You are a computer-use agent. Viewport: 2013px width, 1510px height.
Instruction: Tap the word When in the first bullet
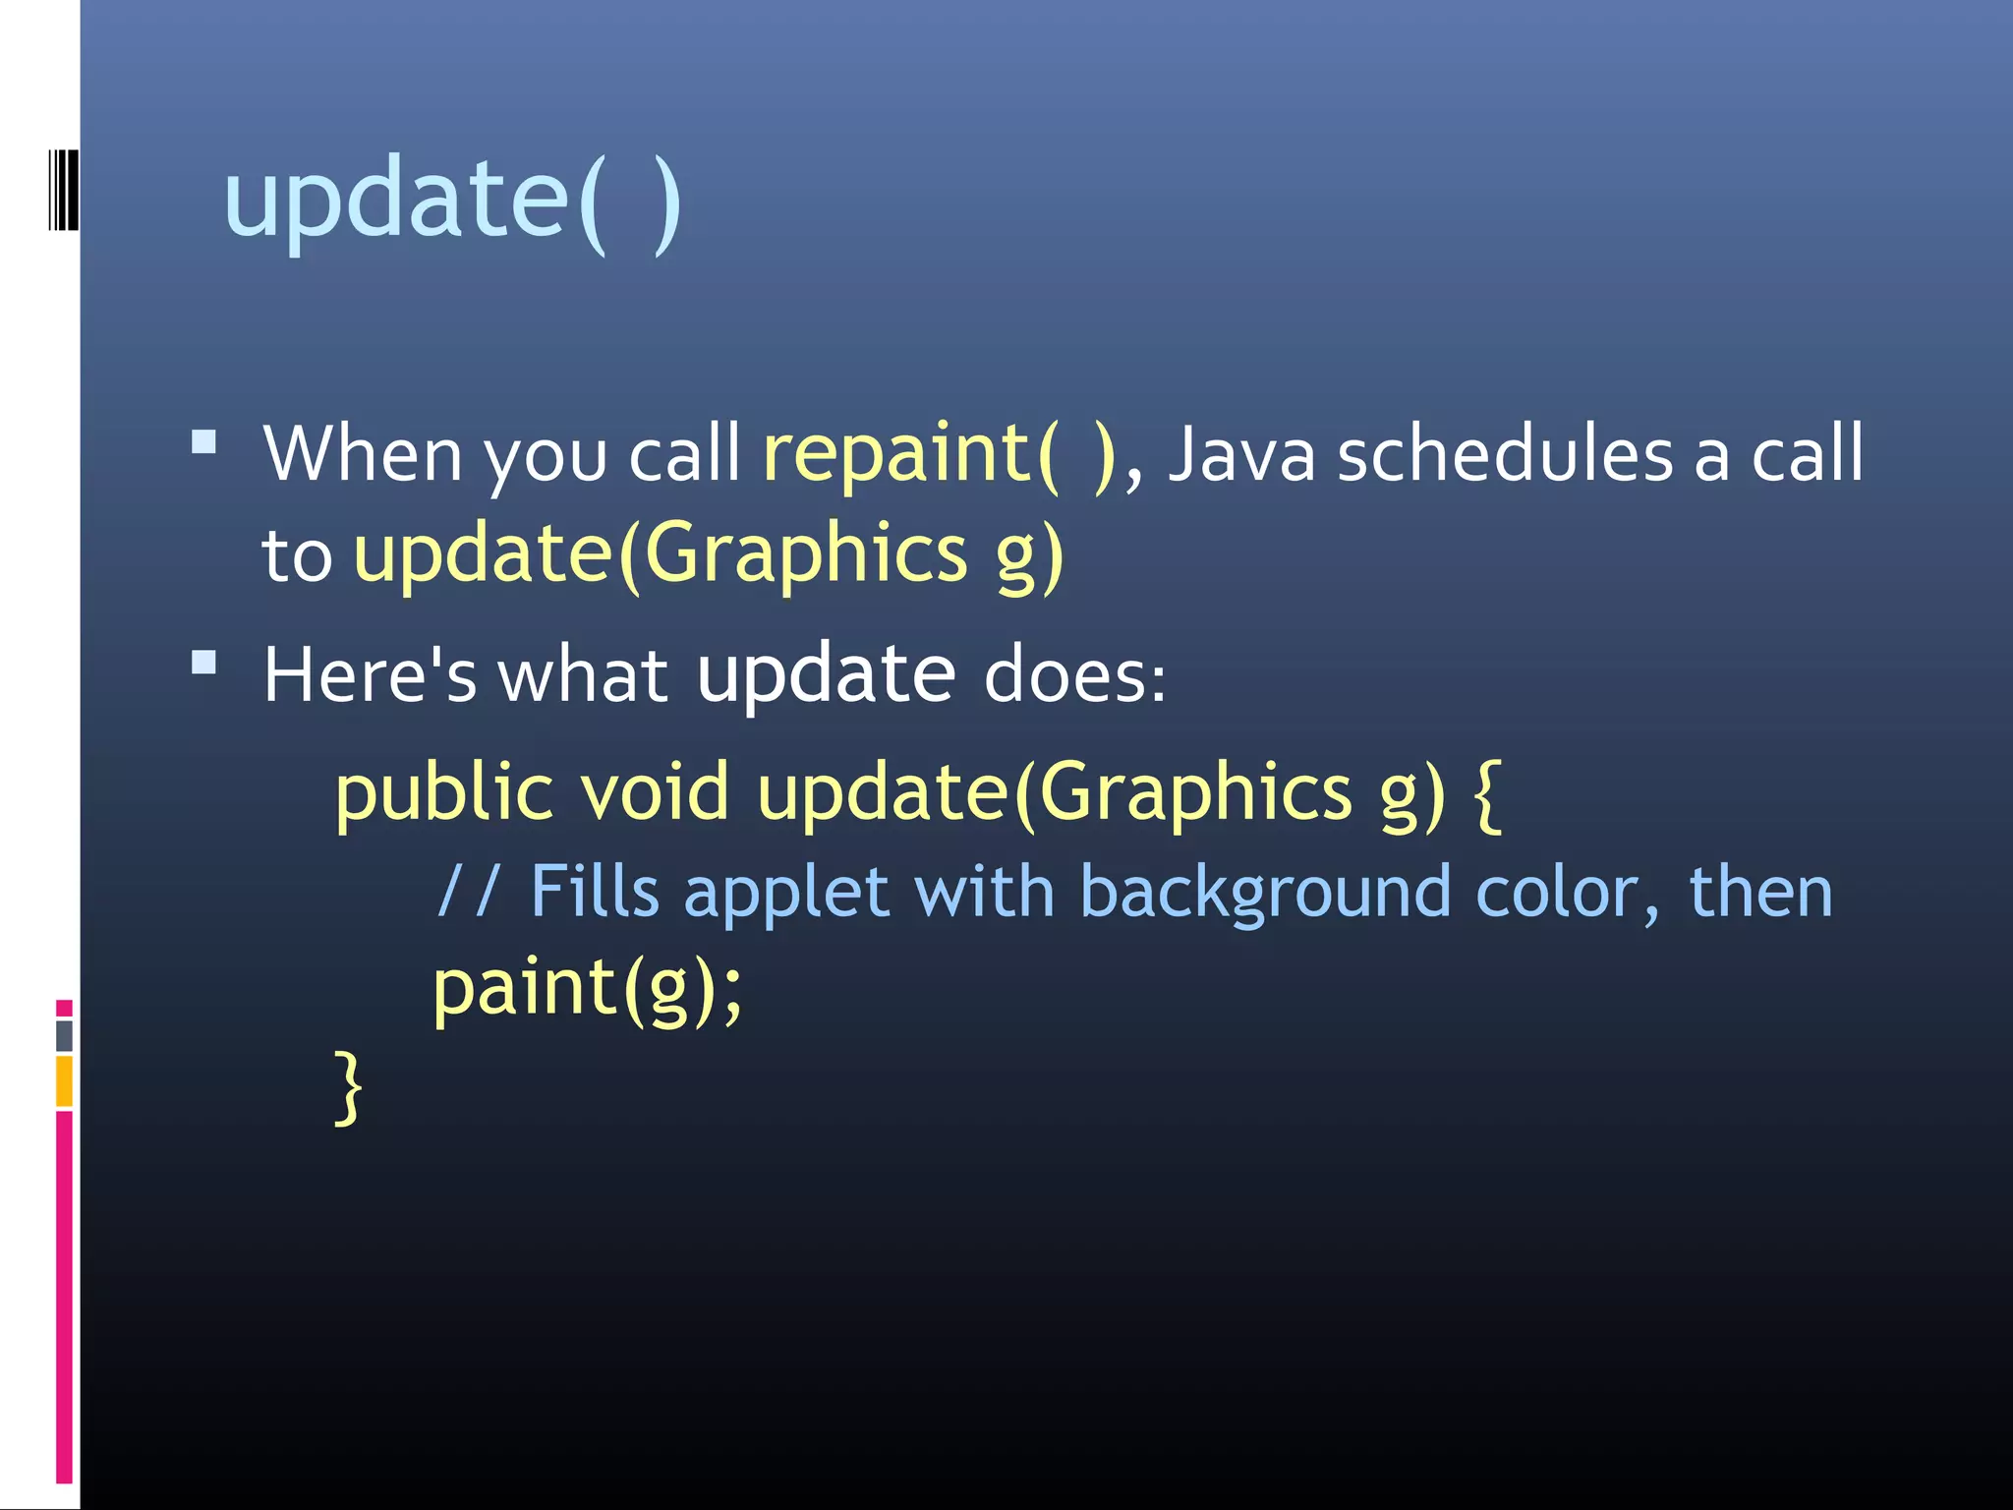coord(363,454)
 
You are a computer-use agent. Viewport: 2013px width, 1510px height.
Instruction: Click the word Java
coord(1241,454)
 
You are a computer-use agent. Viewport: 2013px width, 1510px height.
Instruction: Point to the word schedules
coord(1505,454)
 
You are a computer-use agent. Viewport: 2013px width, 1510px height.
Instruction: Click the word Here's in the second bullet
coord(370,675)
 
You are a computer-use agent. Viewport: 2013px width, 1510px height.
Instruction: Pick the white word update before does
coord(826,675)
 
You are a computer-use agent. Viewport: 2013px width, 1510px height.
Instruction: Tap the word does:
coord(1074,675)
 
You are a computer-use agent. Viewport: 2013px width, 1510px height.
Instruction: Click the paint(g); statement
coord(588,988)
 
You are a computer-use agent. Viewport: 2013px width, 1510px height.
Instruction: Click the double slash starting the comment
coord(468,891)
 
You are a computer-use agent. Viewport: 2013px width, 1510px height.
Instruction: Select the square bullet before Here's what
coord(204,662)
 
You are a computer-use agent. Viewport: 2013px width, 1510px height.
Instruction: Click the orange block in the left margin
coord(64,1080)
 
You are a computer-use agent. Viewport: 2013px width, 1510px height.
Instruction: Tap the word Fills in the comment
coord(594,891)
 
